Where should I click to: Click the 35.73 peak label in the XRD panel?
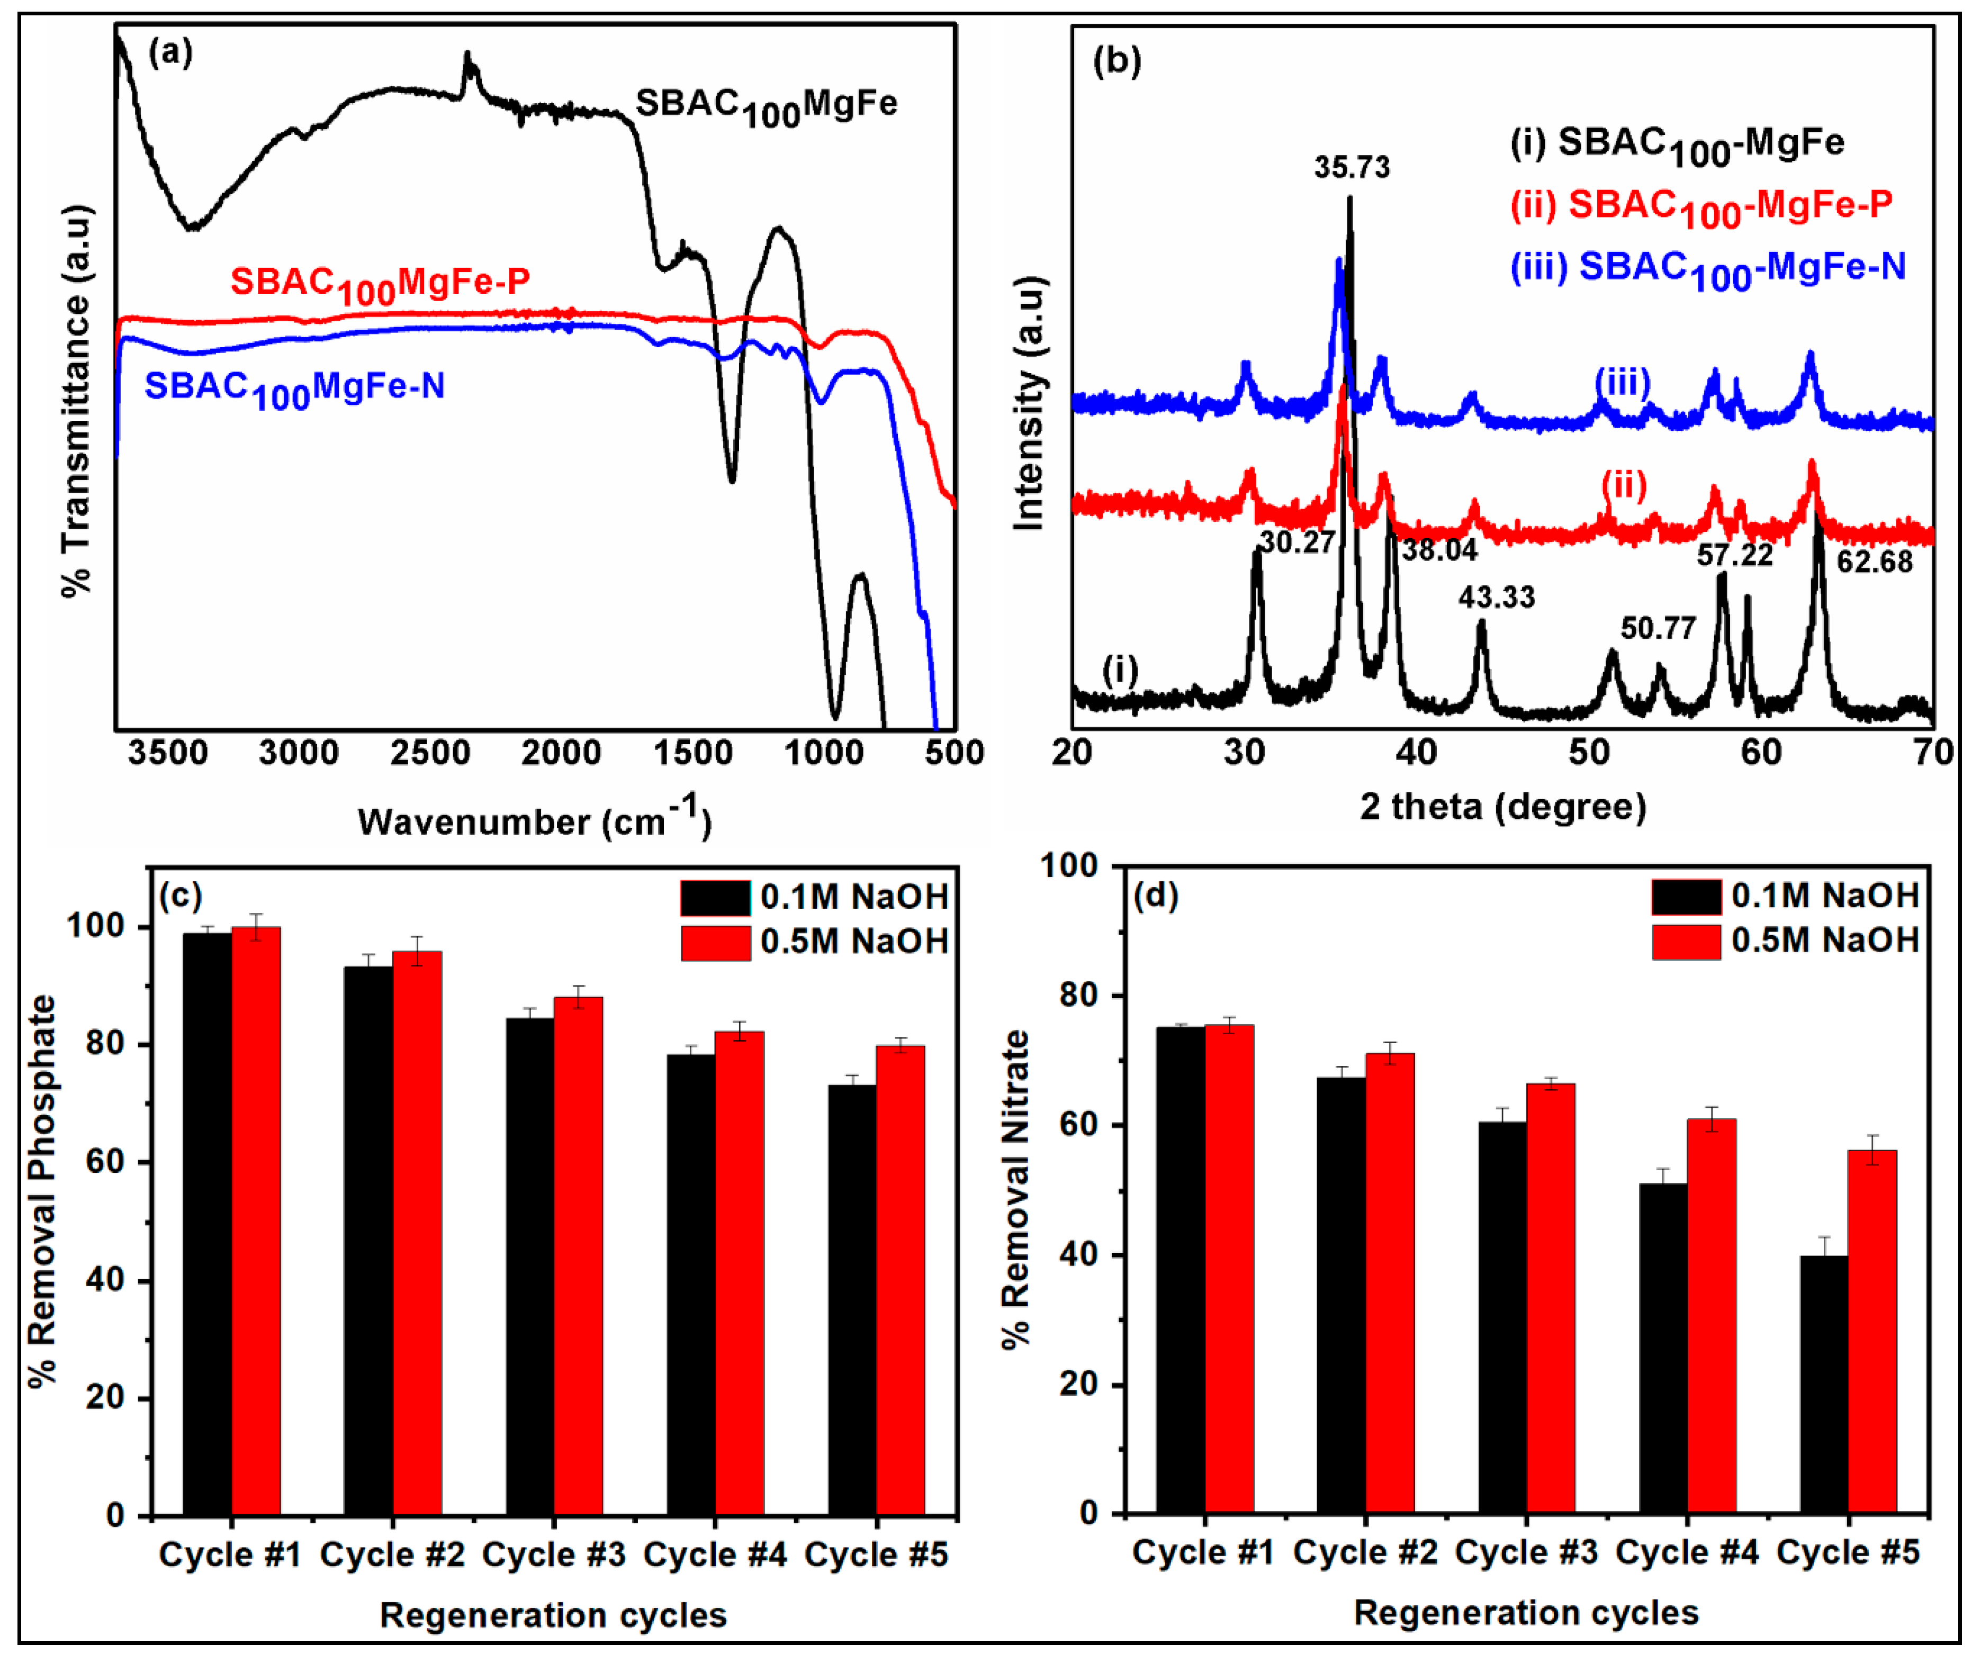coord(1352,168)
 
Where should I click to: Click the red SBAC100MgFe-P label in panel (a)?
coord(380,284)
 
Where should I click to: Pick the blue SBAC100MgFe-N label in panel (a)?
coord(293,387)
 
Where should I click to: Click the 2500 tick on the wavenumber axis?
coord(430,754)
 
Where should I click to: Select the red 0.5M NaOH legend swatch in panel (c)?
coord(715,942)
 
